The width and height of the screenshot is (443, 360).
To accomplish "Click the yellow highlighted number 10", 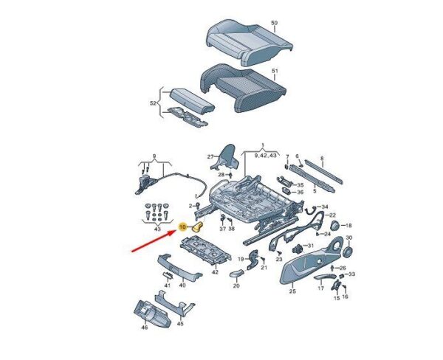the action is pyautogui.click(x=183, y=226).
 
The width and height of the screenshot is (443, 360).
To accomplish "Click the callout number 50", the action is pyautogui.click(x=274, y=23).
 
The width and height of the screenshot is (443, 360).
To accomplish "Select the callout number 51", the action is pyautogui.click(x=275, y=71).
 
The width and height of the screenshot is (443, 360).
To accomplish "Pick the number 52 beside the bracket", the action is pyautogui.click(x=153, y=103).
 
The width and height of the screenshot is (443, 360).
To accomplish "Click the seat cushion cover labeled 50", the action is pyautogui.click(x=249, y=42).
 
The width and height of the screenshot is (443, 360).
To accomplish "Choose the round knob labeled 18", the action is pyautogui.click(x=335, y=225).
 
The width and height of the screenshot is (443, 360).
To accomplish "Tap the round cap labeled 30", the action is pyautogui.click(x=348, y=250).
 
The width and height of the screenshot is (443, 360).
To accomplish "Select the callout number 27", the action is pyautogui.click(x=210, y=156).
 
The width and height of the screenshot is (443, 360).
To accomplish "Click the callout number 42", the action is pyautogui.click(x=216, y=272).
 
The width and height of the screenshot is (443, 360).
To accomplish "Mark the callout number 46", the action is pyautogui.click(x=145, y=328).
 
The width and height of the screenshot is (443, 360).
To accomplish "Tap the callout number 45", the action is pyautogui.click(x=180, y=324).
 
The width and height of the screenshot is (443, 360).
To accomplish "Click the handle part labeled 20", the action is pyautogui.click(x=236, y=273).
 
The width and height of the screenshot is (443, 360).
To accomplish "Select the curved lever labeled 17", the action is pyautogui.click(x=325, y=277).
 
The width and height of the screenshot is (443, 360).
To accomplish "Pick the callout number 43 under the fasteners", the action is pyautogui.click(x=157, y=229).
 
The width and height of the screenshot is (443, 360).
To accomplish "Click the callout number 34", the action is pyautogui.click(x=325, y=207).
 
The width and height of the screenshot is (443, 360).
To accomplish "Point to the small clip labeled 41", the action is pyautogui.click(x=168, y=274).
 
